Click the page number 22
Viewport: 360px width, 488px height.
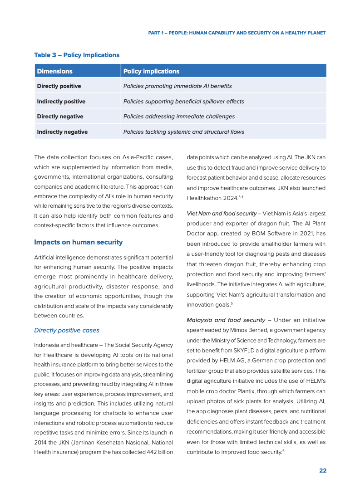(322, 471)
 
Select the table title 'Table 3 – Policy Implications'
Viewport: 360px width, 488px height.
(77, 55)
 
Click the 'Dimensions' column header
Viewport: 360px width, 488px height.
(54, 71)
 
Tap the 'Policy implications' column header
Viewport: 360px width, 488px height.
(151, 71)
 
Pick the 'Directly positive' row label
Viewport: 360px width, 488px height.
(59, 86)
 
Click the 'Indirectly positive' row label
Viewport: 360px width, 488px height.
(61, 102)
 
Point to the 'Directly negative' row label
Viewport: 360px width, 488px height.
(60, 117)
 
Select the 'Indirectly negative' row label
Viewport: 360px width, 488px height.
(62, 132)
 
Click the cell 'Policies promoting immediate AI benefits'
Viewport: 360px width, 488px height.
(178, 86)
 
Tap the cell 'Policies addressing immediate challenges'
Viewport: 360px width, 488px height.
(179, 117)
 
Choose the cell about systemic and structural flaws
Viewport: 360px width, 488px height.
(183, 132)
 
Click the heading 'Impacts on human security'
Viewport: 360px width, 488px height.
(78, 242)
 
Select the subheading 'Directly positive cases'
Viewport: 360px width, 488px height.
(67, 330)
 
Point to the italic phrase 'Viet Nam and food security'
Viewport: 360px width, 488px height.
(222, 214)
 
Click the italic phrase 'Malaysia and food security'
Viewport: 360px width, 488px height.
(226, 320)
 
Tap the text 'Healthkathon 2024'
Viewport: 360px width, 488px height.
(211, 198)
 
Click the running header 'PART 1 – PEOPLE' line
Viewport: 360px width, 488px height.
(237, 33)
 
